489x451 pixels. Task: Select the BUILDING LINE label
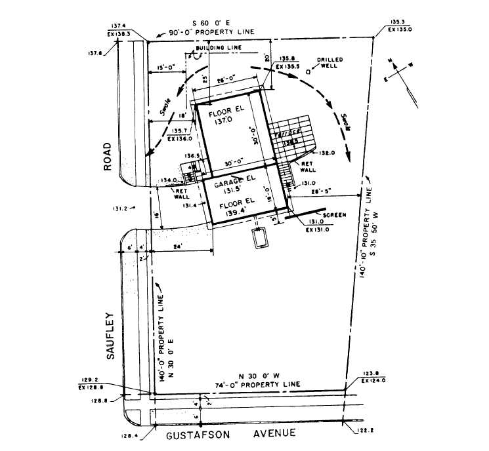tap(220, 48)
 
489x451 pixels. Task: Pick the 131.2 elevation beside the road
tap(119, 209)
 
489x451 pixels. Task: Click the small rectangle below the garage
tap(261, 238)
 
